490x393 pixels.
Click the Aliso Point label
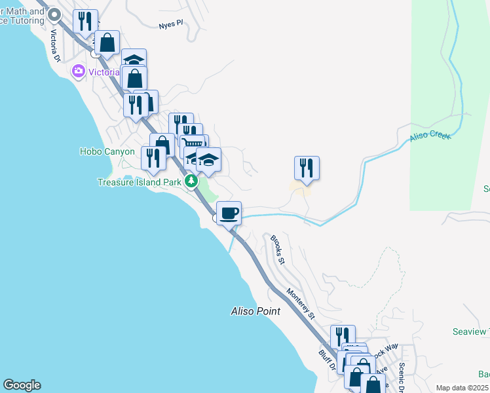255,311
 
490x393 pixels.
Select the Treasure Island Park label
139,182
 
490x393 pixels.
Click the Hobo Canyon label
107,151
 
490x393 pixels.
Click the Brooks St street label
278,250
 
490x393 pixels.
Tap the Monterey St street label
301,304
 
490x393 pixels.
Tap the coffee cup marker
229,213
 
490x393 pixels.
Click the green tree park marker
191,181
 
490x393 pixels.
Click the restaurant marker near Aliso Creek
307,168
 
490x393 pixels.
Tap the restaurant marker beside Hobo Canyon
153,158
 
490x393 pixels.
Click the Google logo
22,385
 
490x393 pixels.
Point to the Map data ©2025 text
462,388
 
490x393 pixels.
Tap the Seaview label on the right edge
470,332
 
